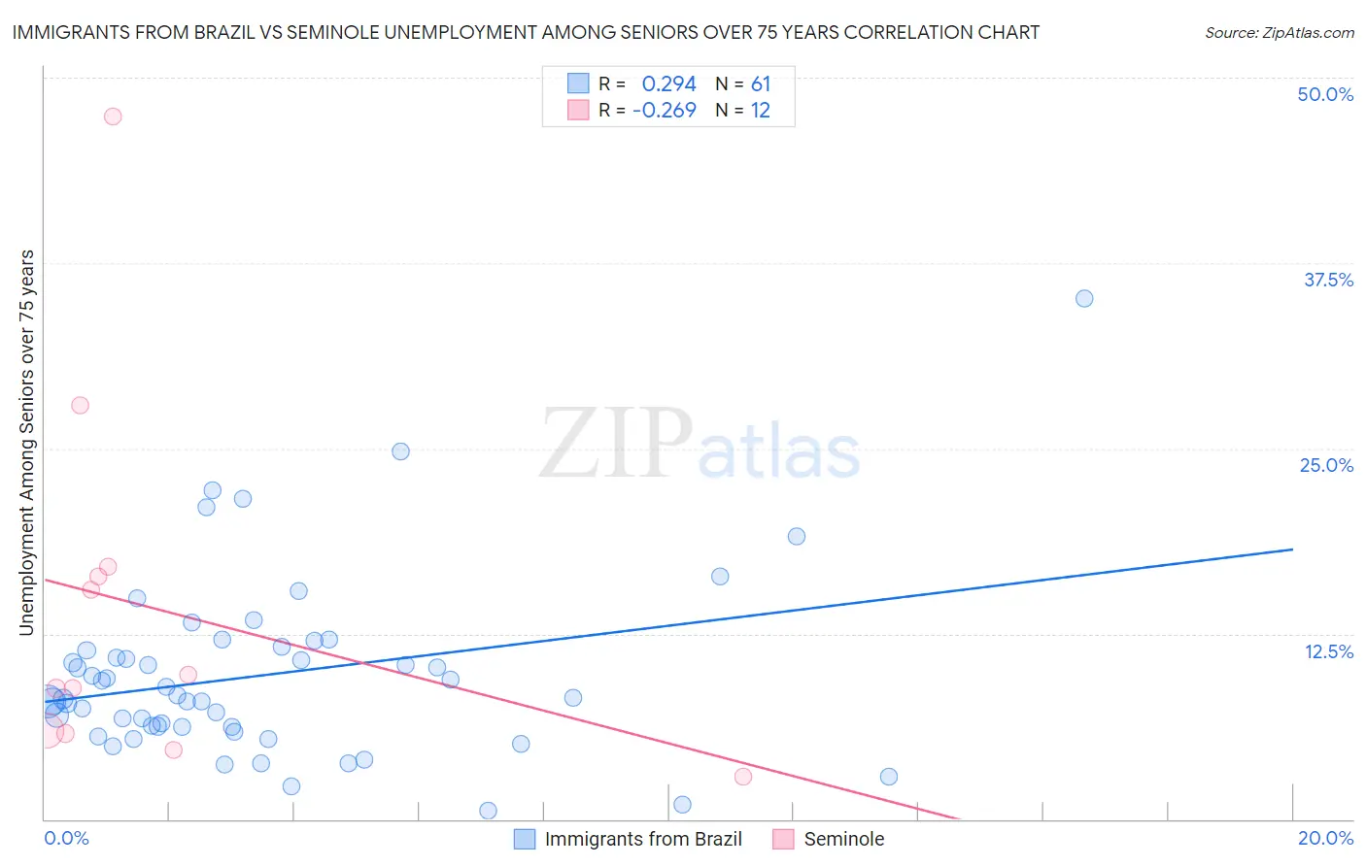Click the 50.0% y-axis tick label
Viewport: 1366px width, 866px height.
(1325, 94)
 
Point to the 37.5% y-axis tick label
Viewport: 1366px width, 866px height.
(1328, 280)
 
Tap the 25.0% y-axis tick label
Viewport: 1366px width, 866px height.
(1326, 465)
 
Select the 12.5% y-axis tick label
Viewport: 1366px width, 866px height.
(1328, 651)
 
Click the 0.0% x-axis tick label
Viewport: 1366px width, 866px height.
(67, 838)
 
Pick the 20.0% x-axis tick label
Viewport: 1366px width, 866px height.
(1325, 838)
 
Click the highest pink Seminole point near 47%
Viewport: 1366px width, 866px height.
(113, 117)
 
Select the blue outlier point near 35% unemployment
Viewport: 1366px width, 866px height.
(1084, 298)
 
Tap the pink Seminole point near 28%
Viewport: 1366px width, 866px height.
(81, 405)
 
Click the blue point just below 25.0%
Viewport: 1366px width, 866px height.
(400, 451)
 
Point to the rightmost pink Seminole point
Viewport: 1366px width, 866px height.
(743, 776)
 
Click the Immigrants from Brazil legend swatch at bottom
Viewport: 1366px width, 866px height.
(525, 839)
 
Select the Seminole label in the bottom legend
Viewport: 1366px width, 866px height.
(843, 839)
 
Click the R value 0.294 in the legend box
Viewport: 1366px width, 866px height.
(668, 84)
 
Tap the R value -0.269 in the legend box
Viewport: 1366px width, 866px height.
(665, 111)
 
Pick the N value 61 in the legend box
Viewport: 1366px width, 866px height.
(760, 84)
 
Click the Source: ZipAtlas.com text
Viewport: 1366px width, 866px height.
(1279, 33)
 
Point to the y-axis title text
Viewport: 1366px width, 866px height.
(26, 443)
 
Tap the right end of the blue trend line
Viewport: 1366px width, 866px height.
(1292, 550)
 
